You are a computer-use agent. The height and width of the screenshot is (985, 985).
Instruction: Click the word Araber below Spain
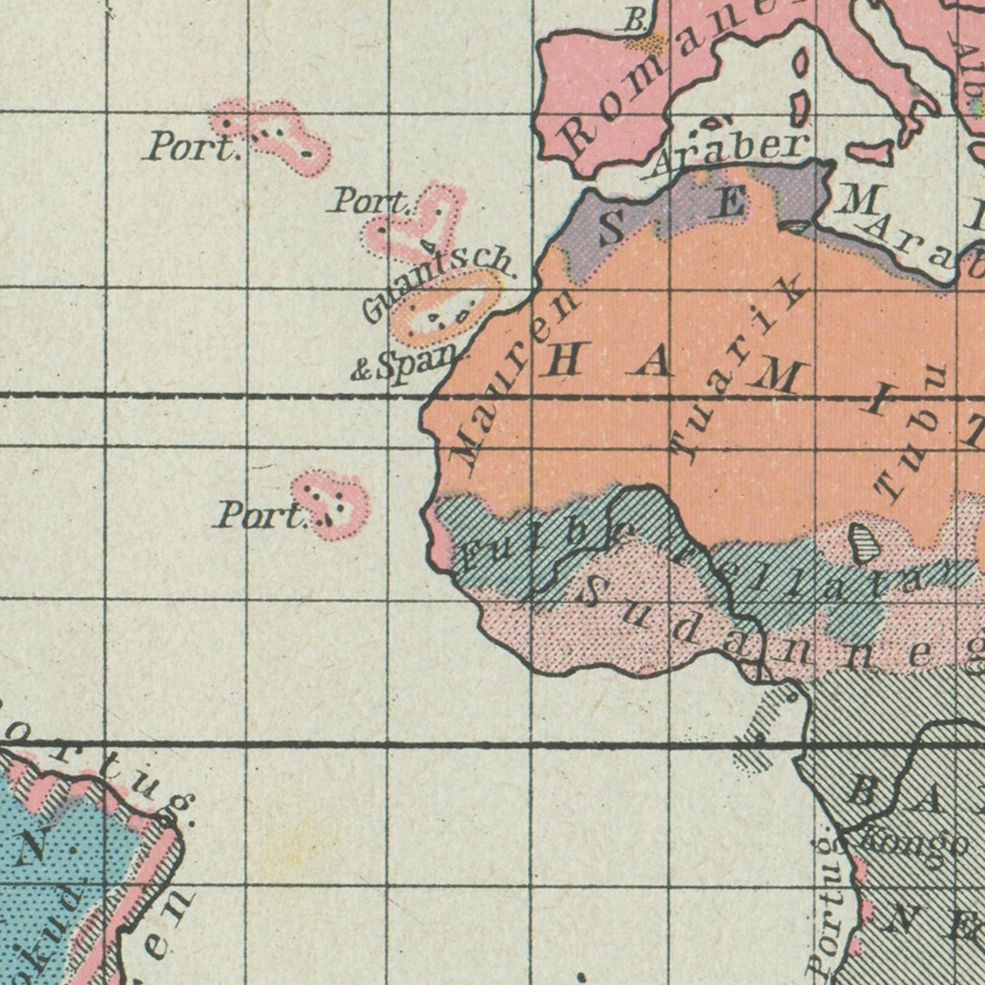pos(731,152)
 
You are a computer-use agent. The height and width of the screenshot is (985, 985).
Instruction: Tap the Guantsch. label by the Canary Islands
pos(437,282)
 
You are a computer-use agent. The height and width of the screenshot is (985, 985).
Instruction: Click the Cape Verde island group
pos(332,502)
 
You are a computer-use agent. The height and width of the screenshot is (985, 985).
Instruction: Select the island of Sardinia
pos(800,86)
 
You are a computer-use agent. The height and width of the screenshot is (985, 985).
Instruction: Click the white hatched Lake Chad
pos(861,543)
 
